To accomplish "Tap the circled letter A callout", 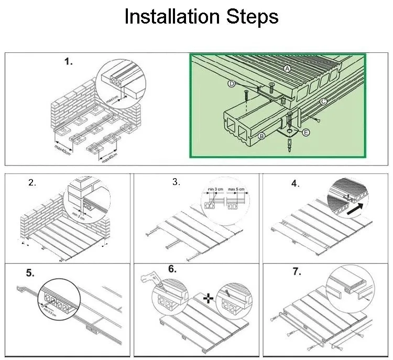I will point(287,69).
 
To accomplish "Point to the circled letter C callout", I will point(324,101).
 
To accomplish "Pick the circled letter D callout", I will point(232,83).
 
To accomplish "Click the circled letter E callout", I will point(307,133).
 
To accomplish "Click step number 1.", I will point(69,62).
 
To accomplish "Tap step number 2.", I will point(32,183).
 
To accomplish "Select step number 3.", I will point(176,182).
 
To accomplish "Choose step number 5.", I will point(30,273).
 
